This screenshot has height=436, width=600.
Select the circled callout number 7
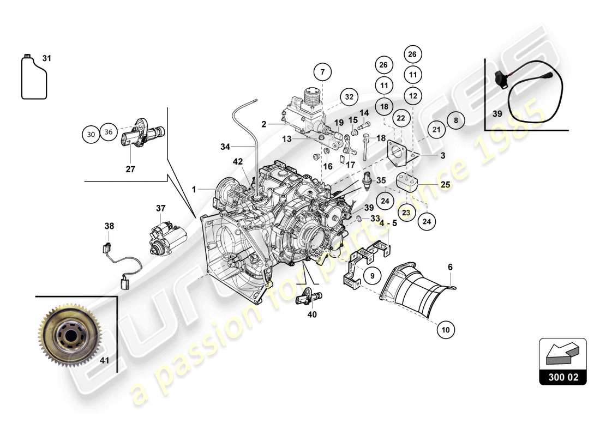tap(322, 71)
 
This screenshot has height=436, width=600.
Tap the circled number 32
tap(350, 96)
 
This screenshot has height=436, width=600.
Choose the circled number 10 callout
tap(446, 329)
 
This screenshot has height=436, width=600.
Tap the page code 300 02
tap(563, 377)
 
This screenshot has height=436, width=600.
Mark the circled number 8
tap(456, 120)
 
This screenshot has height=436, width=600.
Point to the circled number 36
tap(109, 132)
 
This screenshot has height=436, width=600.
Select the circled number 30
tap(91, 134)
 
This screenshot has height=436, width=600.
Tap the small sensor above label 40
tap(308, 296)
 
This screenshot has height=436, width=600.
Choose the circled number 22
tap(400, 118)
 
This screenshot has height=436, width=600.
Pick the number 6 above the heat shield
tap(450, 267)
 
